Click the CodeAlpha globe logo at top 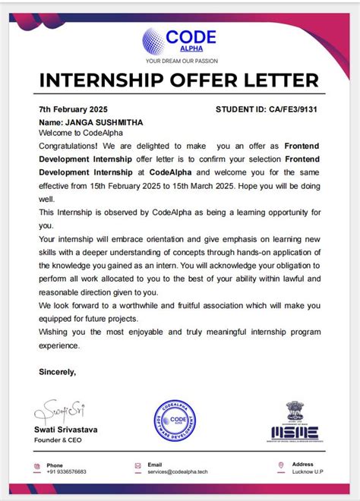(x=154, y=40)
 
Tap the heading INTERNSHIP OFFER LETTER (x=179, y=80)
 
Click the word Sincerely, (x=58, y=372)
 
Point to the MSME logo (x=295, y=422)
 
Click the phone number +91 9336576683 (x=67, y=471)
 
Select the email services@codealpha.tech (x=176, y=471)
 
